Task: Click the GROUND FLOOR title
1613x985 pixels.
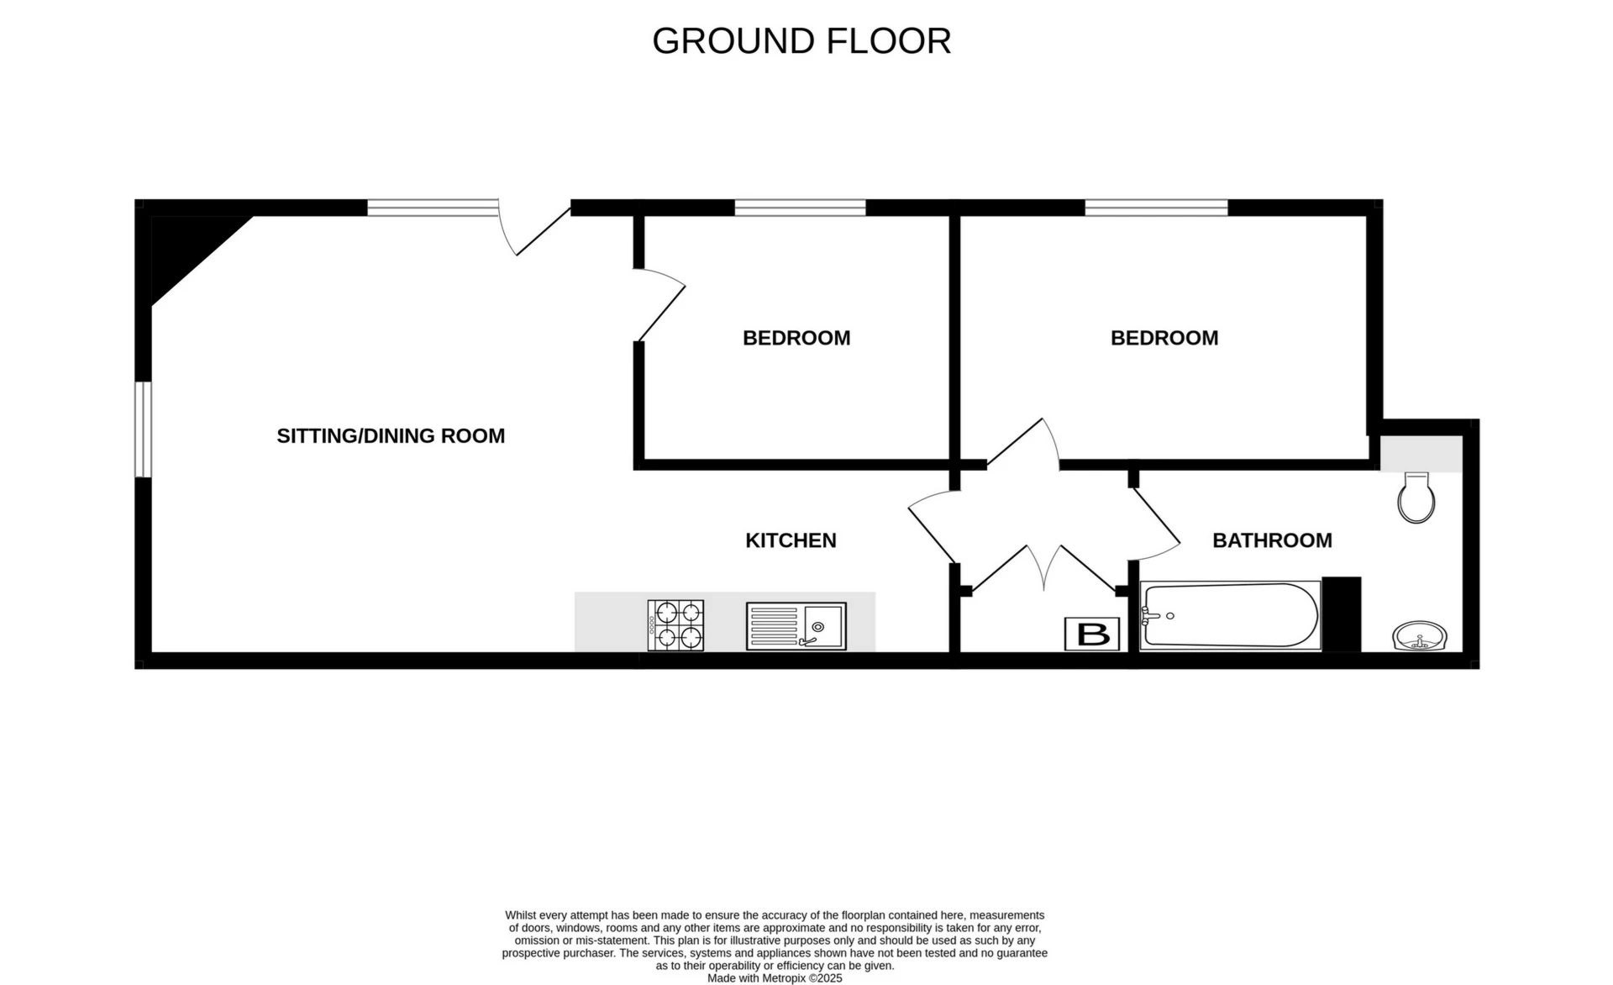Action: tap(801, 41)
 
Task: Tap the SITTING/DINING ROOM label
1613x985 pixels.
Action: tap(391, 435)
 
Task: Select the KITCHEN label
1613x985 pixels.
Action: tap(791, 540)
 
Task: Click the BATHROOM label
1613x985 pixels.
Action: tap(1271, 540)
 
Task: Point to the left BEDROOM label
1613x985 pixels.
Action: tap(796, 338)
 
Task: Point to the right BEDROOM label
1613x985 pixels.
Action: tap(1164, 338)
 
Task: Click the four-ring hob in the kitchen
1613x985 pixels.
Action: tap(675, 624)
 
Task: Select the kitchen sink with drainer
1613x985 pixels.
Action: tap(796, 626)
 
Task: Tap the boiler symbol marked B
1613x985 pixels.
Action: tap(1092, 634)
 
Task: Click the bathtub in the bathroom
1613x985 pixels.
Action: tap(1228, 616)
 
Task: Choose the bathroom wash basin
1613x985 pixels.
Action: tap(1419, 635)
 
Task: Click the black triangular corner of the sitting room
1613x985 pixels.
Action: tap(185, 248)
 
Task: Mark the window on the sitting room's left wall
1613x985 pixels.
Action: tap(144, 429)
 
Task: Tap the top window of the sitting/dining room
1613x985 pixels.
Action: tap(433, 208)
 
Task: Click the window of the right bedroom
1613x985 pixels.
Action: tap(1156, 208)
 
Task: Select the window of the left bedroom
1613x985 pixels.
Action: tap(800, 208)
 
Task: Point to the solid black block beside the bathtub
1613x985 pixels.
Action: tap(1341, 614)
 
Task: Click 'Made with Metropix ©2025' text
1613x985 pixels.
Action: tap(774, 978)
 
